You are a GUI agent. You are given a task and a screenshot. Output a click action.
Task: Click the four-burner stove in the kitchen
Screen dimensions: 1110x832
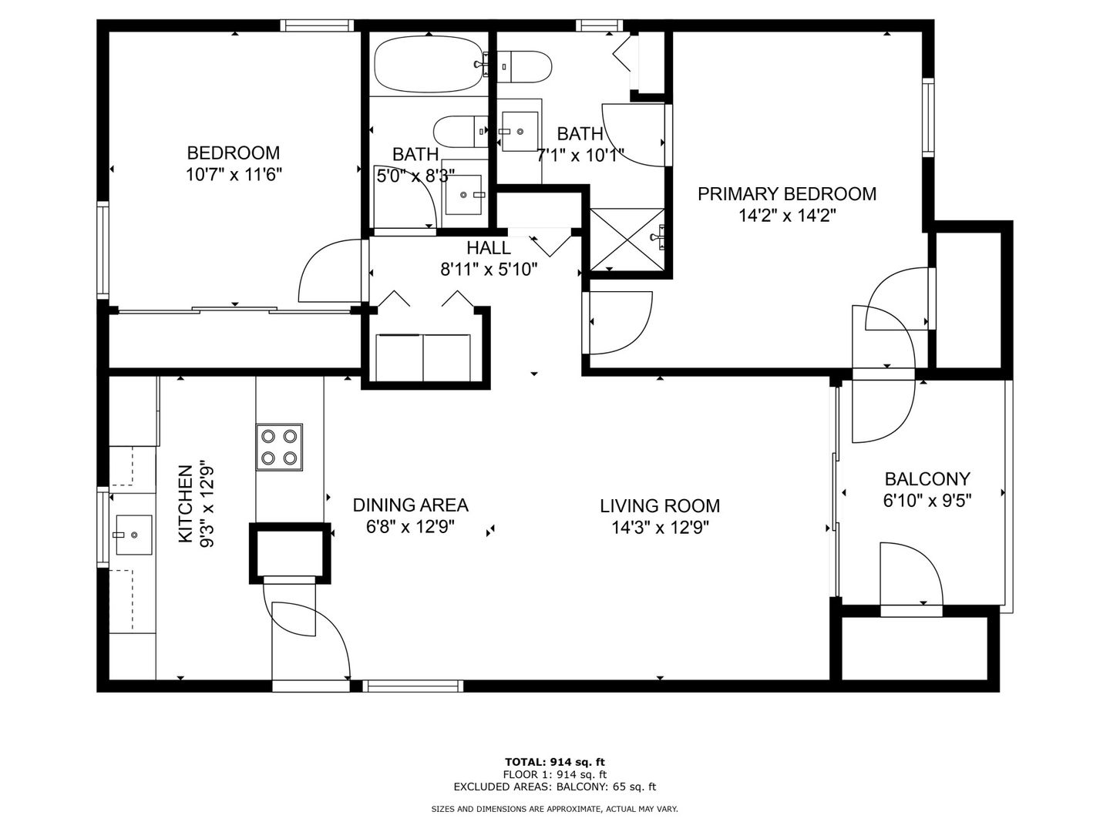(279, 447)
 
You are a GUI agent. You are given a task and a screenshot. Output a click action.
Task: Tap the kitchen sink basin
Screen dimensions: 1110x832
(134, 535)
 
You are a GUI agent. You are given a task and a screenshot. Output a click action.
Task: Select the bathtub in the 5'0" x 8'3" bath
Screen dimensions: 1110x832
(429, 65)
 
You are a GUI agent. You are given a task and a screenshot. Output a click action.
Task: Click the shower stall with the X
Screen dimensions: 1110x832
(627, 240)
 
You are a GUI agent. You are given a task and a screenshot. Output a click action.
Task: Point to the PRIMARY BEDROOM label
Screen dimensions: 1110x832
(787, 194)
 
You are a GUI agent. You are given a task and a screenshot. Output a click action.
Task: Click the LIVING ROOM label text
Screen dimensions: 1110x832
(660, 505)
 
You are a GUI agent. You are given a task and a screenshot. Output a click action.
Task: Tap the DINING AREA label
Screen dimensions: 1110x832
(410, 505)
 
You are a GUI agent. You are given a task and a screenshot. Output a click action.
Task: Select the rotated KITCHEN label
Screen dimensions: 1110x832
(186, 504)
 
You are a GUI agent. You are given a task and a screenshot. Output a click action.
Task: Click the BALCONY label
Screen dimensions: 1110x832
(927, 478)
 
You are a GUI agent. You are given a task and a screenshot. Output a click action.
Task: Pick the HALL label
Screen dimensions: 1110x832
(489, 247)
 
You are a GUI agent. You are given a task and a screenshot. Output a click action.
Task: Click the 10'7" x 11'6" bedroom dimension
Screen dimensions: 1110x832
(234, 175)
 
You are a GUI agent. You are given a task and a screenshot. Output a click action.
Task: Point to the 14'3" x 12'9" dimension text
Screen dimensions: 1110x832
(660, 528)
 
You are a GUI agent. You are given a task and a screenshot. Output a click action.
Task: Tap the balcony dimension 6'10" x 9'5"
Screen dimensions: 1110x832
(927, 501)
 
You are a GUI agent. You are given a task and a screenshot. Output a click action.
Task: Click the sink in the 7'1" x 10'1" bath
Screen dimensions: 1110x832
(520, 131)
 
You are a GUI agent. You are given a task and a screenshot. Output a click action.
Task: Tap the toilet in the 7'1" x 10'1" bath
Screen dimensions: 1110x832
(524, 66)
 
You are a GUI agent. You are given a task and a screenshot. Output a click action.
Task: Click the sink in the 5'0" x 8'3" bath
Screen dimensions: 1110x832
(463, 194)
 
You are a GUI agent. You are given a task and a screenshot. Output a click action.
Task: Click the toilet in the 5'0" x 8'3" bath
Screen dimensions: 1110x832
(461, 131)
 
